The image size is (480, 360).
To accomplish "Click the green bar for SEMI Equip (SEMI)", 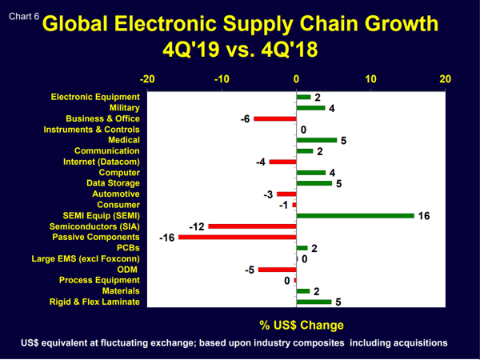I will tap(355, 215).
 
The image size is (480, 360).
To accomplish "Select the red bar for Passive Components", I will tap(238, 237).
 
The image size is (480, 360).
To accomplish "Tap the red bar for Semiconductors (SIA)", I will tap(252, 226).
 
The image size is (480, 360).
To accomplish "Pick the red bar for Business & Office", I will tap(274, 118).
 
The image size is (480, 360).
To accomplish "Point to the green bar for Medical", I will tap(316, 140).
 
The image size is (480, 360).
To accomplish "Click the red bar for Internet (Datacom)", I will tap(282, 162).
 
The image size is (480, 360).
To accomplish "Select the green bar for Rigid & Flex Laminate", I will tap(314, 302).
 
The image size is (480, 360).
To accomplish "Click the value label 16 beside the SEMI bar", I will tap(424, 216).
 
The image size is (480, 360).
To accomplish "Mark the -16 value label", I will tap(167, 238).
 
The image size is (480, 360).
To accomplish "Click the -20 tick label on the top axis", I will tap(147, 79).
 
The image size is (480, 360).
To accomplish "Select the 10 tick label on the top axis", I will tap(370, 79).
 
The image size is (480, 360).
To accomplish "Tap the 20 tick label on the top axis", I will tap(445, 79).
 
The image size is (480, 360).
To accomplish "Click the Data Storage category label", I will tap(113, 183).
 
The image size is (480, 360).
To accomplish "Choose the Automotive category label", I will tap(116, 194).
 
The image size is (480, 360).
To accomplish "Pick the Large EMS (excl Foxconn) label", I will tap(86, 258).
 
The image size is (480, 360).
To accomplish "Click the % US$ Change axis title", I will tap(302, 325).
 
